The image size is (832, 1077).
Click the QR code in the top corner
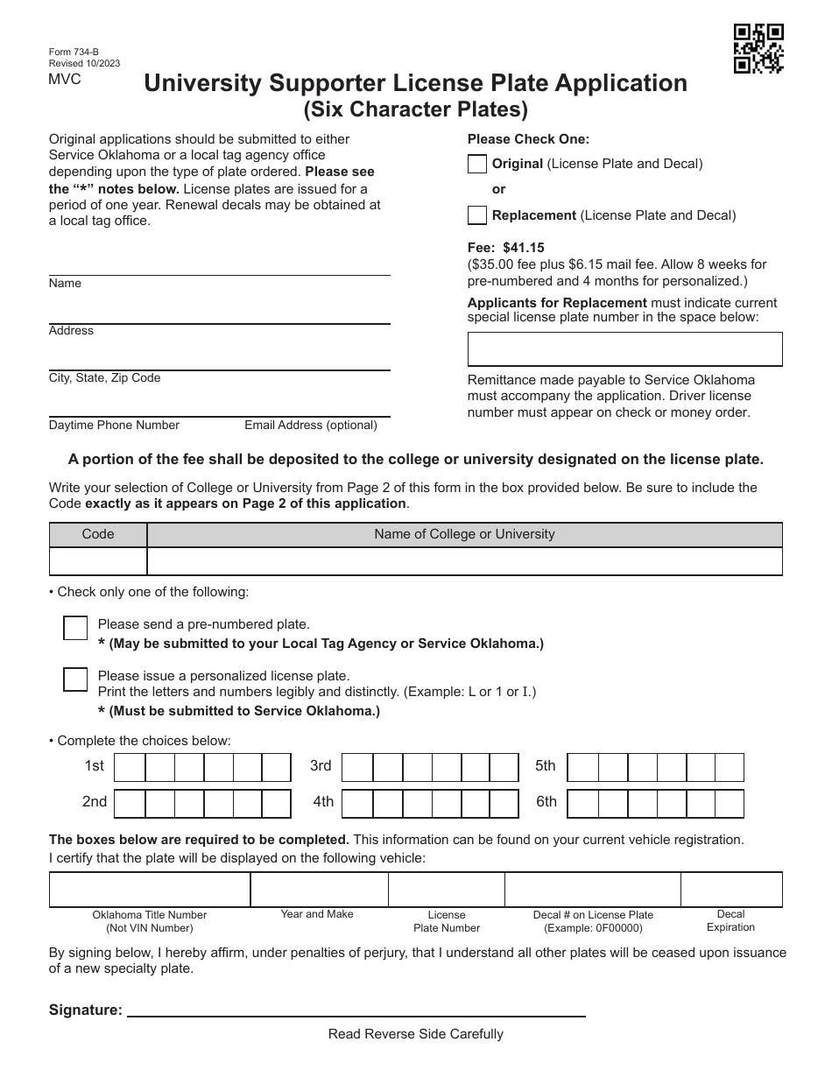click(x=758, y=48)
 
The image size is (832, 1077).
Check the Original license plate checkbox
click(x=477, y=164)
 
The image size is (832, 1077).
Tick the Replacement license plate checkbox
click(x=477, y=215)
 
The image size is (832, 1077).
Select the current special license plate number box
click(x=624, y=348)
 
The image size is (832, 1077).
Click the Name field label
click(x=65, y=284)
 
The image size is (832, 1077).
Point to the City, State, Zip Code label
click(x=104, y=378)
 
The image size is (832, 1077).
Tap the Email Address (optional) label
click(x=311, y=426)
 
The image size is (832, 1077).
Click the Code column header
click(x=98, y=534)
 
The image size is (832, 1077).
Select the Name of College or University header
click(x=464, y=534)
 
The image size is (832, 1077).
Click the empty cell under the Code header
click(x=98, y=561)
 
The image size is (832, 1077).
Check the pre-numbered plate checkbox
click(x=76, y=628)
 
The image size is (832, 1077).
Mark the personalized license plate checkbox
click(x=76, y=679)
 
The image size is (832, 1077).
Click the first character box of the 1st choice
click(x=130, y=767)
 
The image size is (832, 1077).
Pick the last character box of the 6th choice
click(x=730, y=803)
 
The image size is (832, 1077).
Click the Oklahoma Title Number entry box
click(x=150, y=890)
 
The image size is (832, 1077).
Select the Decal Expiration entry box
click(x=731, y=890)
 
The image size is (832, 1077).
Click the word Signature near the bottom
click(x=86, y=1010)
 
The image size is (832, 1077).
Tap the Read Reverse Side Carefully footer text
click(x=416, y=1034)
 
